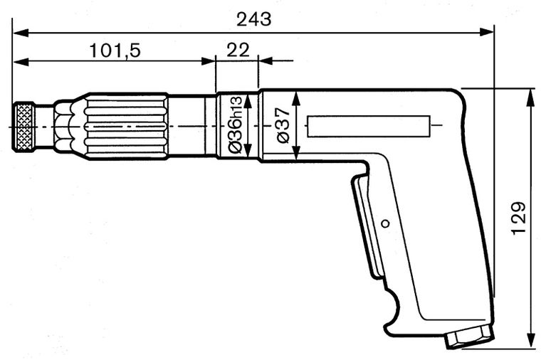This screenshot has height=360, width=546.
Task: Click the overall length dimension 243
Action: [x=254, y=19]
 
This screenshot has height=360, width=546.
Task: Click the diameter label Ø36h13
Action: [x=236, y=126]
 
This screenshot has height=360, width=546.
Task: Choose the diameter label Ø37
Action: [x=282, y=126]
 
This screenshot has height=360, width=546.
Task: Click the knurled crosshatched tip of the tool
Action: [x=26, y=127]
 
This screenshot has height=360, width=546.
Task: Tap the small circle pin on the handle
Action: [x=385, y=223]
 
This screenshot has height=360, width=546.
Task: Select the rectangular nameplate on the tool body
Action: [x=369, y=127]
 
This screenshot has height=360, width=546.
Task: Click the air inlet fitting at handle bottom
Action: [x=468, y=337]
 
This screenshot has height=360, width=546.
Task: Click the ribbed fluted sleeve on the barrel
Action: [x=125, y=126]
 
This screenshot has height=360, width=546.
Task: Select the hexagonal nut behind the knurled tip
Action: [x=64, y=127]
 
